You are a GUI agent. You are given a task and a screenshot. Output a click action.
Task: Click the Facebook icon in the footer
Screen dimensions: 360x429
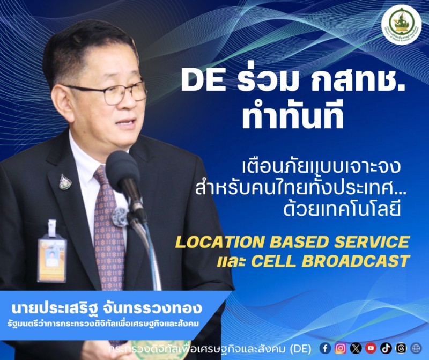tap(326, 348)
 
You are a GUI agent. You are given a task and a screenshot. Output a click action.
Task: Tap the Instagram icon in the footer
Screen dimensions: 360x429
tap(341, 348)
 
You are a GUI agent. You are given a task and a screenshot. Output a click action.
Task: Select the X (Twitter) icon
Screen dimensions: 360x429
tap(356, 348)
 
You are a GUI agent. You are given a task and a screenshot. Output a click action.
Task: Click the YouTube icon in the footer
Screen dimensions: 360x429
tap(371, 348)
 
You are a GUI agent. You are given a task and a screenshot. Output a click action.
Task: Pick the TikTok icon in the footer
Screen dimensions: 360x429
tap(386, 348)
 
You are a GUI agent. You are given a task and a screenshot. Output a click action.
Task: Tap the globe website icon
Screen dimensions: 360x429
tap(416, 348)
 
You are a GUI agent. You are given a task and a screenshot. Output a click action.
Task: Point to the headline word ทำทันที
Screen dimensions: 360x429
tap(292, 117)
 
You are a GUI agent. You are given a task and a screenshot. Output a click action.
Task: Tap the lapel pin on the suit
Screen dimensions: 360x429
tap(65, 182)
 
